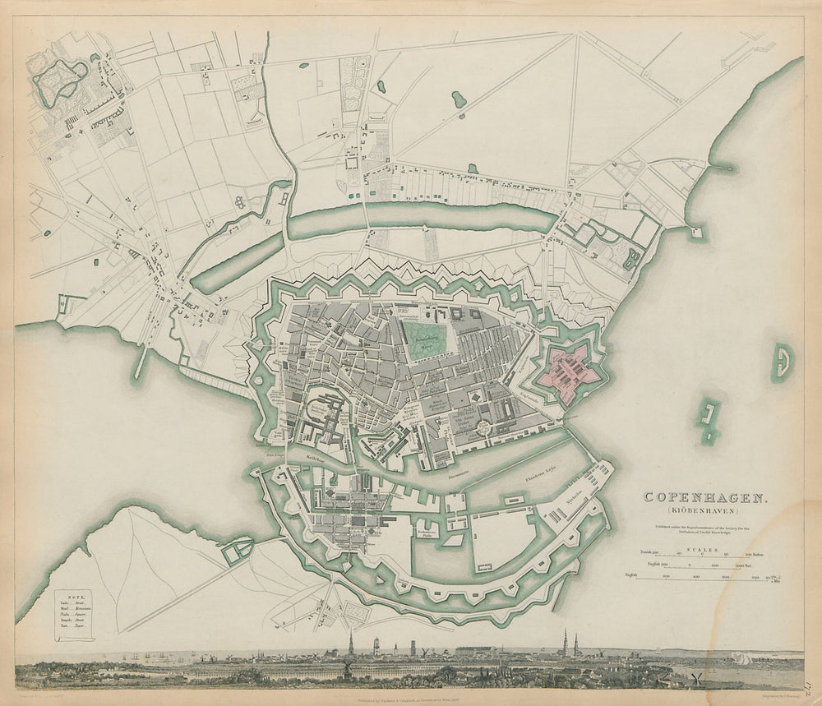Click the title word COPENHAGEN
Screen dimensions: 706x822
tap(706, 496)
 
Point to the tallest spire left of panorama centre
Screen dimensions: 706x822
tap(350, 644)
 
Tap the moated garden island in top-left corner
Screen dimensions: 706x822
tap(59, 79)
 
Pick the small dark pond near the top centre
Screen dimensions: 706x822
tap(458, 99)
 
